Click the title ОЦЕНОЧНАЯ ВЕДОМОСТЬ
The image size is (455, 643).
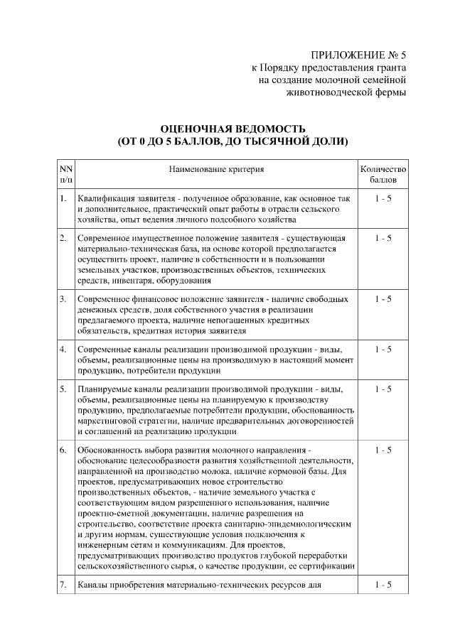pyautogui.click(x=233, y=129)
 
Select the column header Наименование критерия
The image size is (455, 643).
pyautogui.click(x=216, y=170)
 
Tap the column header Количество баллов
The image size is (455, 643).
pyautogui.click(x=382, y=175)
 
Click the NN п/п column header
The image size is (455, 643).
pyautogui.click(x=65, y=175)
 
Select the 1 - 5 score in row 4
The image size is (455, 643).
pyautogui.click(x=382, y=350)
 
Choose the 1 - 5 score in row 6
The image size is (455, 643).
pyautogui.click(x=382, y=450)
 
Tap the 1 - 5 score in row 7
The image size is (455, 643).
pyautogui.click(x=382, y=585)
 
